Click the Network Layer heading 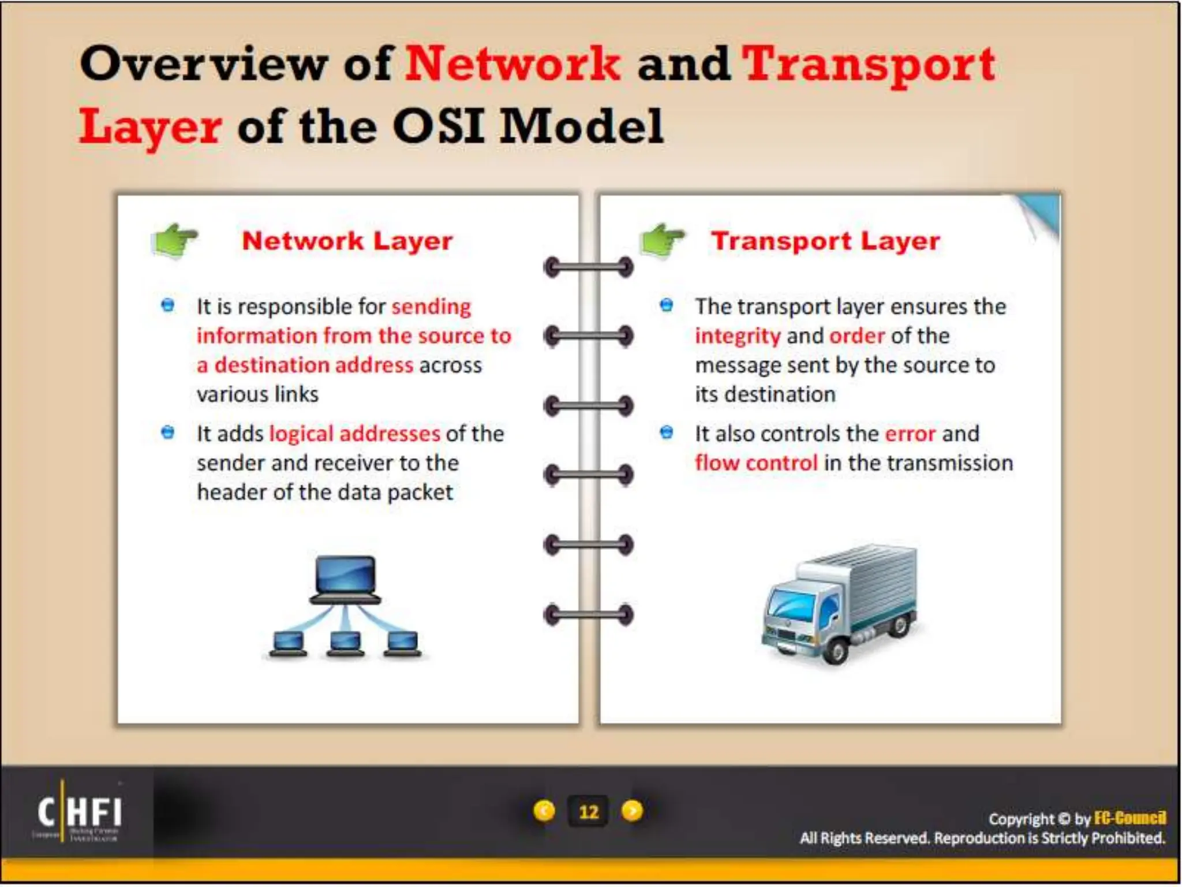pyautogui.click(x=347, y=241)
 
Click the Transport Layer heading pyautogui.click(x=825, y=241)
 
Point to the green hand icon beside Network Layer pyautogui.click(x=173, y=240)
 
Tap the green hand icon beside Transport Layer pyautogui.click(x=663, y=240)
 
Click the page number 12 pyautogui.click(x=588, y=812)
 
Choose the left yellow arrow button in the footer pyautogui.click(x=544, y=811)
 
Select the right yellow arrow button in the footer pyautogui.click(x=633, y=811)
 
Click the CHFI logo pyautogui.click(x=79, y=812)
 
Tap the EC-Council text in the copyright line pyautogui.click(x=1129, y=818)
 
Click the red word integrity pyautogui.click(x=737, y=336)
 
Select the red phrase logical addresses pyautogui.click(x=354, y=434)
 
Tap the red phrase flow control pyautogui.click(x=756, y=463)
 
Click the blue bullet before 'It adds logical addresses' pyautogui.click(x=168, y=433)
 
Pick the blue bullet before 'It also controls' pyautogui.click(x=667, y=433)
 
